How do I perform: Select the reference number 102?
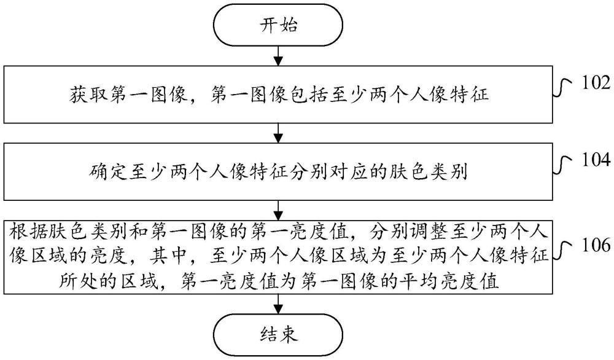point(592,84)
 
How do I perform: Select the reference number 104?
point(592,162)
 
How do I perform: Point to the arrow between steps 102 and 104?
point(279,133)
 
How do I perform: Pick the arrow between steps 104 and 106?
point(279,209)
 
